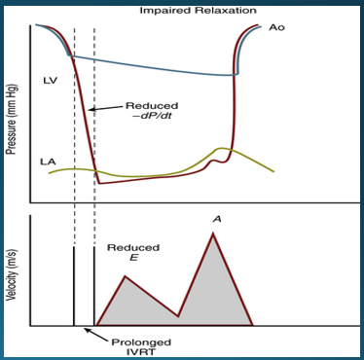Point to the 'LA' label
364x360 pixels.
pyautogui.click(x=47, y=160)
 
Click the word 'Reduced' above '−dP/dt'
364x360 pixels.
pyautogui.click(x=148, y=105)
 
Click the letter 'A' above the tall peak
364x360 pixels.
pyautogui.click(x=216, y=219)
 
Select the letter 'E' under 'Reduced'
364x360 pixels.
pyautogui.click(x=133, y=259)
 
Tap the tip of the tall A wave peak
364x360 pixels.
pyautogui.click(x=213, y=234)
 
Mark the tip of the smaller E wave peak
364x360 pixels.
pyautogui.click(x=125, y=276)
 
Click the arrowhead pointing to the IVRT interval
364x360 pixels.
pyautogui.click(x=85, y=330)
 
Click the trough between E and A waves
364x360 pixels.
pyautogui.click(x=178, y=316)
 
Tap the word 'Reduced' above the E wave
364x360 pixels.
pyautogui.click(x=133, y=248)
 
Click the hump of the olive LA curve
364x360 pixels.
pyautogui.click(x=222, y=149)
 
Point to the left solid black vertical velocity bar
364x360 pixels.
pyautogui.click(x=74, y=286)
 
